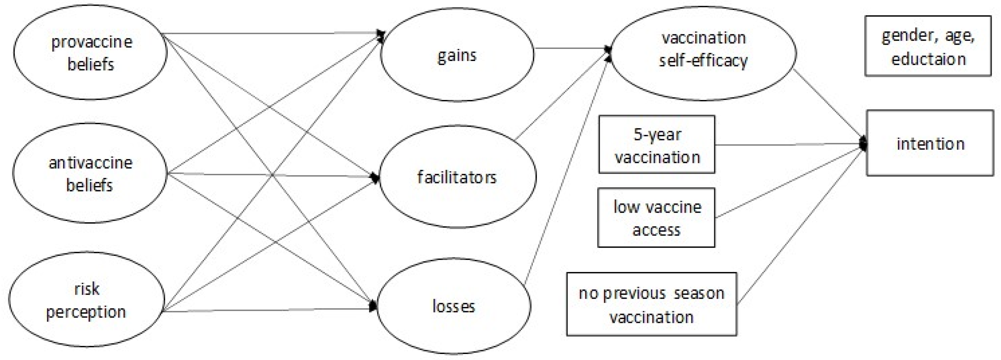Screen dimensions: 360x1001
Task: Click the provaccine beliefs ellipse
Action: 90,52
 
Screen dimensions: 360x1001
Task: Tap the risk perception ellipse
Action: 86,299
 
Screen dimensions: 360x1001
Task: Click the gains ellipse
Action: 457,55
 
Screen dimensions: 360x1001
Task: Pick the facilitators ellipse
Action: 457,177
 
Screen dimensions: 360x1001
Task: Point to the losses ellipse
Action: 454,306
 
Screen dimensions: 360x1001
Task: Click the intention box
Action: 930,143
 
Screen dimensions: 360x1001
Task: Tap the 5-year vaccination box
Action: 657,145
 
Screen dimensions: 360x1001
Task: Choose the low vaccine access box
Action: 656,218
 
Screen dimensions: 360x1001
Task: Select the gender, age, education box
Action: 928,46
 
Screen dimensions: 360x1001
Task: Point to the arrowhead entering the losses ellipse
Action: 373,306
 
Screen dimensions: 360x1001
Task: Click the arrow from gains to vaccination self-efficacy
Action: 571,49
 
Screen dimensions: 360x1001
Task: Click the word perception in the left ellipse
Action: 86,312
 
